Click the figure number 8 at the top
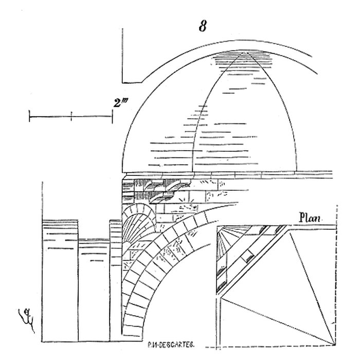click(203, 27)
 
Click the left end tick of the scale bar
click(30, 116)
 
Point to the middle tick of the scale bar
click(71, 116)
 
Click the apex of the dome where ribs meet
click(245, 51)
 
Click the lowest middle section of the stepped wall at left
click(94, 288)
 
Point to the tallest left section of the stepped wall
click(60, 278)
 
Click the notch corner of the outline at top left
click(122, 82)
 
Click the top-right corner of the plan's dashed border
click(336, 206)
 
